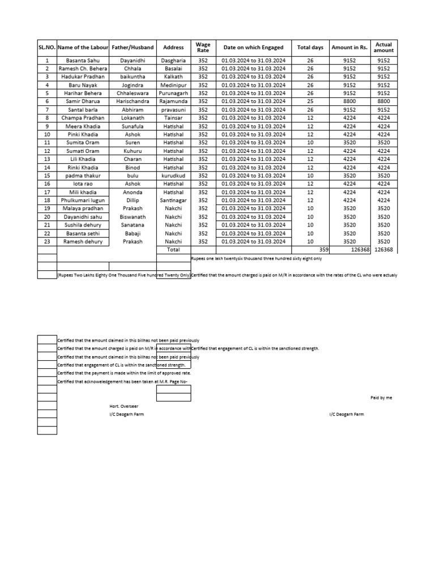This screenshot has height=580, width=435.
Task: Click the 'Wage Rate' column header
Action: [203, 48]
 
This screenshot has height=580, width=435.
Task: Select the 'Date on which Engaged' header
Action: [253, 48]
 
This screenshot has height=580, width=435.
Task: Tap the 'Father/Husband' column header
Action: [133, 48]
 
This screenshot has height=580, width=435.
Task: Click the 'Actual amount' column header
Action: [383, 48]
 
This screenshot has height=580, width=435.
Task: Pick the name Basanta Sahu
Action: [82, 60]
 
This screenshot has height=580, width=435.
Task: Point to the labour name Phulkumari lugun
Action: [82, 200]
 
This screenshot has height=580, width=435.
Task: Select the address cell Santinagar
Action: [173, 200]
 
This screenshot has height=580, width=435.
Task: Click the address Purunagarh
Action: [173, 93]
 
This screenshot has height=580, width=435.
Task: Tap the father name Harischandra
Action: [133, 101]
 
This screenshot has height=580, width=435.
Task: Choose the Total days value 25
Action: [310, 101]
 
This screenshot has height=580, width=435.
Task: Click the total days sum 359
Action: [323, 250]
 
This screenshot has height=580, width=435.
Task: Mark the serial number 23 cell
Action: [47, 241]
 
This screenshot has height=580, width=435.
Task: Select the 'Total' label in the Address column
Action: [173, 250]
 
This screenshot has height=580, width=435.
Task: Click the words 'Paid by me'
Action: [381, 398]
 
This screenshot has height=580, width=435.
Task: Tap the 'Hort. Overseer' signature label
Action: [123, 406]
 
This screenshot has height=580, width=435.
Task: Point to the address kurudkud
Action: [173, 176]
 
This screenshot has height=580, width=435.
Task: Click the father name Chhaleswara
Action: [133, 93]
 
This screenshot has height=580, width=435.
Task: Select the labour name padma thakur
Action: [82, 176]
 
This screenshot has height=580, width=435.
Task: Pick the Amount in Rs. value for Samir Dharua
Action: [350, 101]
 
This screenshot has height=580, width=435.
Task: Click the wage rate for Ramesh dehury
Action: [203, 241]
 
